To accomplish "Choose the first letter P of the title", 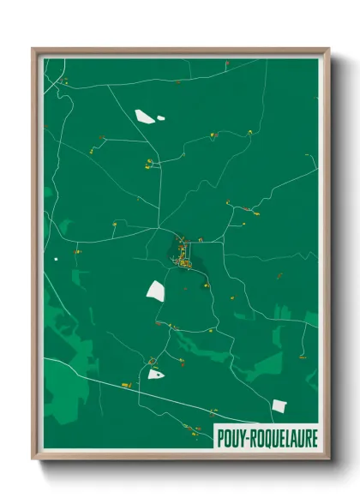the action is [219, 435].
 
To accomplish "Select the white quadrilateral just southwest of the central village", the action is [155, 291].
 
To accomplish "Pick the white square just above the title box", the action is [279, 405].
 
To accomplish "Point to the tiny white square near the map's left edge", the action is [57, 258].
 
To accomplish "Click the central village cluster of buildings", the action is [183, 254].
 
